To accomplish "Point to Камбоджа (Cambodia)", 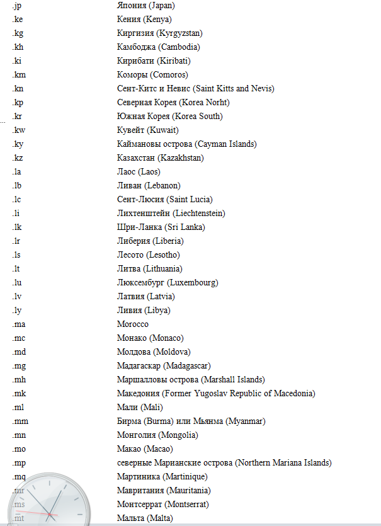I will [x=159, y=47].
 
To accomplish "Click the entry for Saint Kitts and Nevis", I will [x=195, y=88].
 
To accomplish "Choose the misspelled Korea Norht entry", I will [x=173, y=102].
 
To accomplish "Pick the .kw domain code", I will [x=18, y=130].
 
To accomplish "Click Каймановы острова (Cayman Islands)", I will [x=186, y=144].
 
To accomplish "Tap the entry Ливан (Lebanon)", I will [x=149, y=185].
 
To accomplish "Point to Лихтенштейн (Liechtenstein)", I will [x=171, y=213].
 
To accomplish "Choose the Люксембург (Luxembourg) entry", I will [x=168, y=282].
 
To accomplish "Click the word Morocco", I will [x=132, y=324].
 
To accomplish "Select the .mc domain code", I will [x=18, y=338].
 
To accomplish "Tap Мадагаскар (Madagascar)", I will [x=164, y=365].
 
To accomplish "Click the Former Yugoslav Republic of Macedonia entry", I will [x=216, y=393].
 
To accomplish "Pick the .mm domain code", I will [x=20, y=421].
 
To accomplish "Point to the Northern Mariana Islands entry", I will [x=224, y=462].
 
